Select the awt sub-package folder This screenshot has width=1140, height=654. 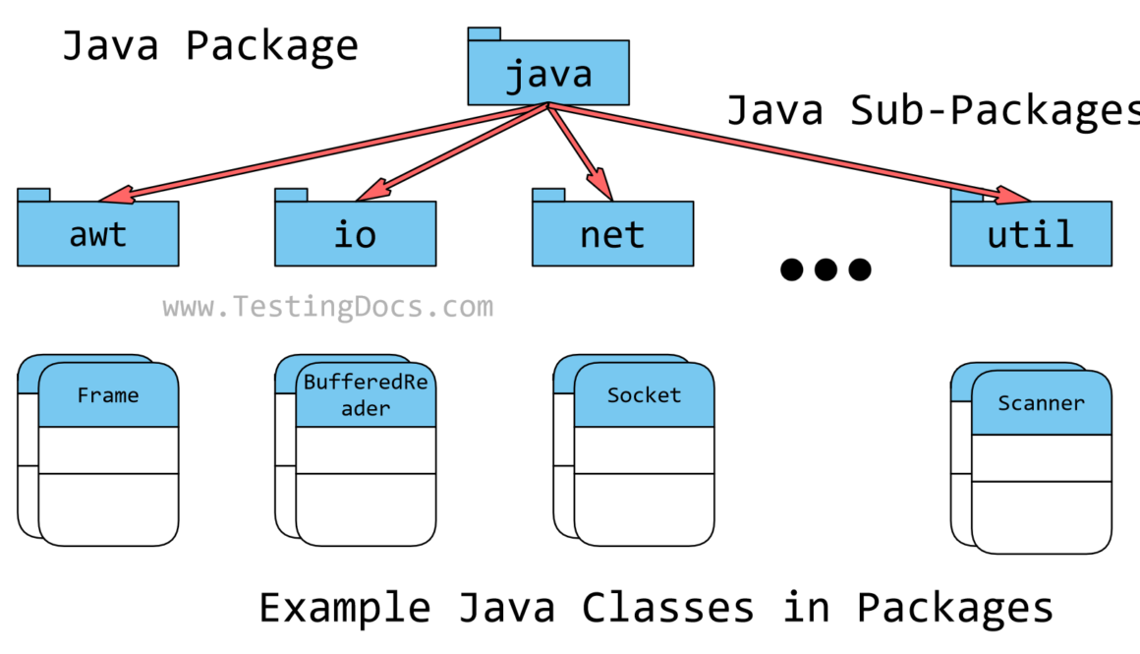coord(97,234)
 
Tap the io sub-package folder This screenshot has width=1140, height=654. coord(355,234)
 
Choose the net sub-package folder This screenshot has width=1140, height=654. coord(612,234)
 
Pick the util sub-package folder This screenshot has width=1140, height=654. coord(1031,234)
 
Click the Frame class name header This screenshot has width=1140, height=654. coord(108,395)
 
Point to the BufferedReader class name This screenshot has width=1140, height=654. coord(366,395)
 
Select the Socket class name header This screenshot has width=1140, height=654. coord(644,395)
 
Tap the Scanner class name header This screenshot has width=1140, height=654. coord(1041,403)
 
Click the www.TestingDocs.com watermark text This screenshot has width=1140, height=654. coord(328,308)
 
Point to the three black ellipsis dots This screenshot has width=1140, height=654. coord(826,268)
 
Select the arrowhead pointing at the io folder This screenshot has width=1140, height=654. coord(370,190)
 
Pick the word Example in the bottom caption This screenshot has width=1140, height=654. coord(344,608)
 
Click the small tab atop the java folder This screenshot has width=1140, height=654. coord(484,33)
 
